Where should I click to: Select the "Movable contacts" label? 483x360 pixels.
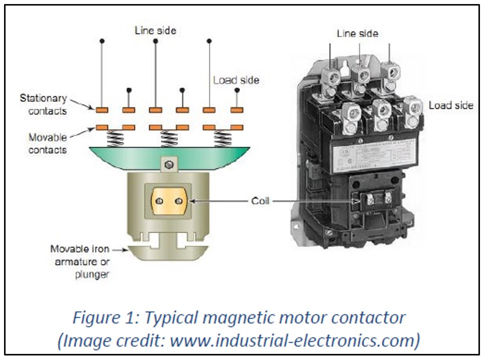48,142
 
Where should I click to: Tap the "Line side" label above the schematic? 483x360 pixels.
155,31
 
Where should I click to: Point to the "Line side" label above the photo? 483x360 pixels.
358,34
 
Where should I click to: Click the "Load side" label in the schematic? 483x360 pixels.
236,80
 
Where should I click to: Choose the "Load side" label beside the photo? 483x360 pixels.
451,105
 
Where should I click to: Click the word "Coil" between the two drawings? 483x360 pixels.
260,201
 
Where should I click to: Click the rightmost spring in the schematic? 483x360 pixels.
222,138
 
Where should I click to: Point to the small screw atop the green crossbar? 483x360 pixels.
169,164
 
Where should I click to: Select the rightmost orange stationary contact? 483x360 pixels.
237,109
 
